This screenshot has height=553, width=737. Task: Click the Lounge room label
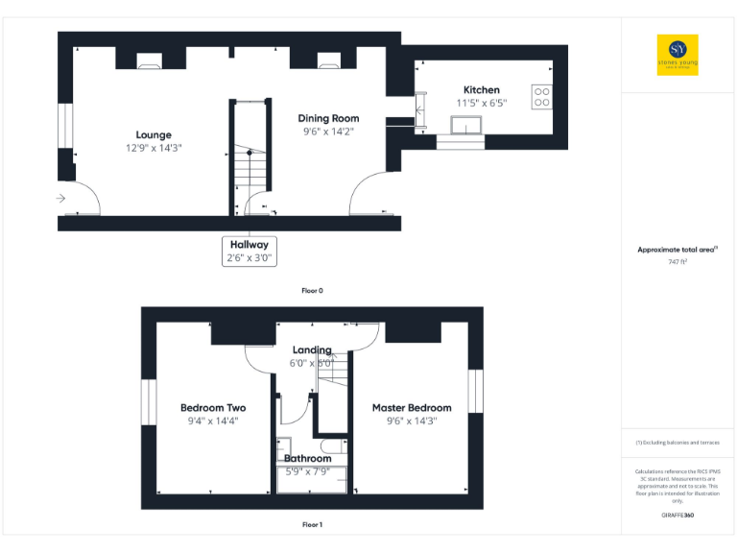154,134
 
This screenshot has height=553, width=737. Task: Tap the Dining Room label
327,118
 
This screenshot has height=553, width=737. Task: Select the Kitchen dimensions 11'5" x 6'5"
481,103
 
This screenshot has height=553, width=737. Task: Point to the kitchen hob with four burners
541,97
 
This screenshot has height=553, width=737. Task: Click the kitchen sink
469,124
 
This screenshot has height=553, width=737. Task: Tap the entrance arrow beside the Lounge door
61,199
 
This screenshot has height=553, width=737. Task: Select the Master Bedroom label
412,408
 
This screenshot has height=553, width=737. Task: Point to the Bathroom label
307,459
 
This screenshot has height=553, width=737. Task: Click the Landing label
312,350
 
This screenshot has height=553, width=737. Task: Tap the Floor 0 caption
312,289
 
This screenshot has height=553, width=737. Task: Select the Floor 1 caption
312,525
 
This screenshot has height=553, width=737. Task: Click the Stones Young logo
678,55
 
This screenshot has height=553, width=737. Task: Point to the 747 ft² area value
678,261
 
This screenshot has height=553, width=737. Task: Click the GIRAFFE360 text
678,516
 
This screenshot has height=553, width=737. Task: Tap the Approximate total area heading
678,250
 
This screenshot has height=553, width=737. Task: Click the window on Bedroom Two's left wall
149,401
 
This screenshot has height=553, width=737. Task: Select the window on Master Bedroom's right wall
476,391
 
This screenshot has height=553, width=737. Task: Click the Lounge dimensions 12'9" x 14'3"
154,148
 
